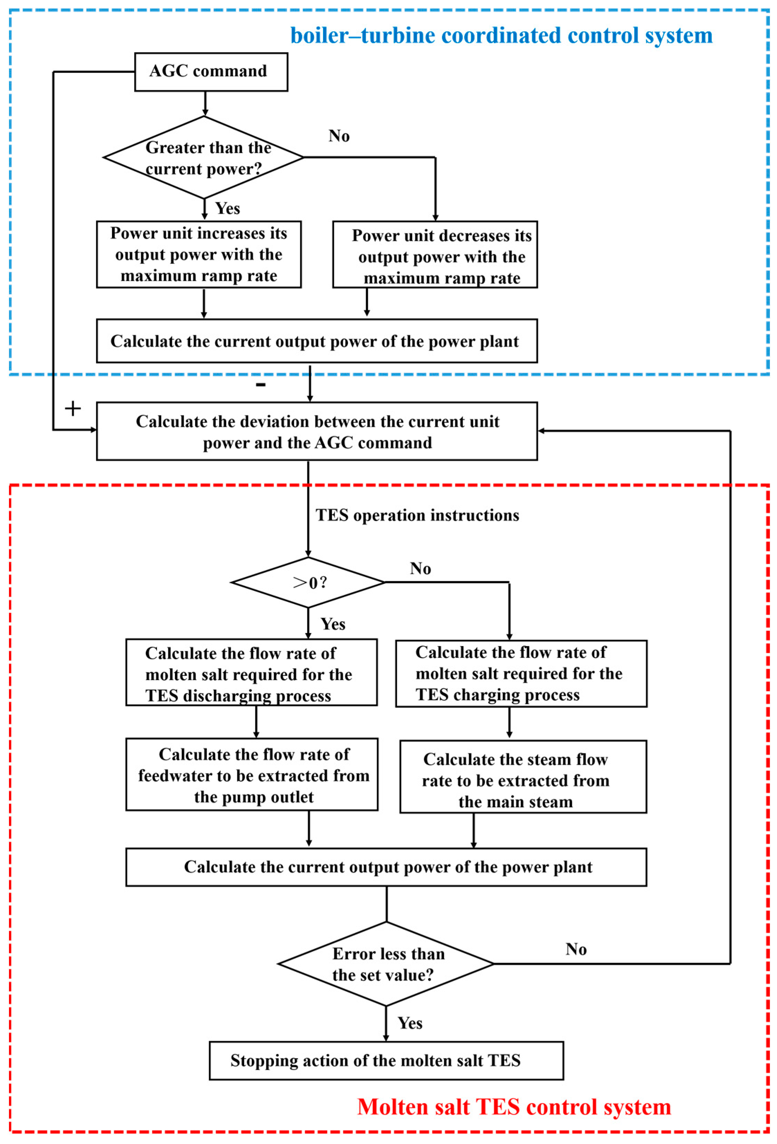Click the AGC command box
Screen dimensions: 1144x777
(x=211, y=72)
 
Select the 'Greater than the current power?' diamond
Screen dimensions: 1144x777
(x=203, y=158)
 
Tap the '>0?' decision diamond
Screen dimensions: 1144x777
(x=308, y=582)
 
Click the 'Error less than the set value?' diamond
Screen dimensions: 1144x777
(x=386, y=964)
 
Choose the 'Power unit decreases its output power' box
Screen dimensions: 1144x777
(x=435, y=255)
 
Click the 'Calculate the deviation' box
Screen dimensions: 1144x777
(x=317, y=432)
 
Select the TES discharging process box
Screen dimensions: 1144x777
(x=251, y=672)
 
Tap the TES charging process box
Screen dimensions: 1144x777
(x=521, y=673)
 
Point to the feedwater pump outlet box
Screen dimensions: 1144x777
(x=252, y=774)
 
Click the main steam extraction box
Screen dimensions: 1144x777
(x=523, y=776)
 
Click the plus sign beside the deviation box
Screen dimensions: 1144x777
(x=73, y=408)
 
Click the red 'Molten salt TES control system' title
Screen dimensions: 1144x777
(x=514, y=1107)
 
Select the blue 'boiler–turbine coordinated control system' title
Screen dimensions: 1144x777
(x=501, y=36)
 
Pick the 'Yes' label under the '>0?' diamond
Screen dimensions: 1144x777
(x=333, y=624)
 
